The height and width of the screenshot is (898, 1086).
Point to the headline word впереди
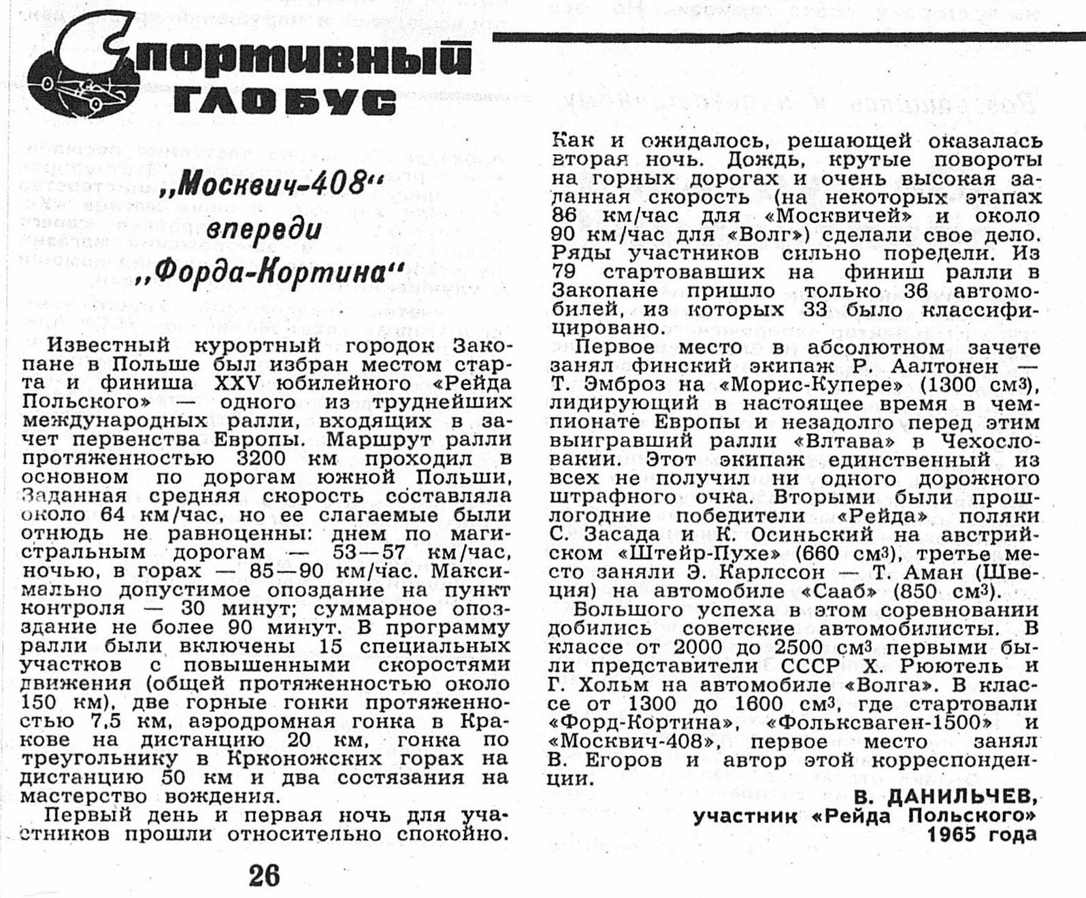(x=264, y=229)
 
